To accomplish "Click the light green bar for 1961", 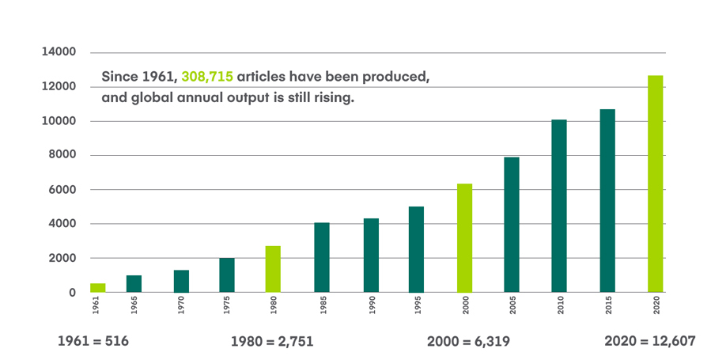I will [x=97, y=287].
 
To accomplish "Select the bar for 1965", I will [x=134, y=283].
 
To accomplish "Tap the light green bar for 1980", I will [x=273, y=269].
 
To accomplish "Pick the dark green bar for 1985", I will [x=321, y=257].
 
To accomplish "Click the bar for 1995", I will [x=416, y=249].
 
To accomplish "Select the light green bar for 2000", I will [x=464, y=238].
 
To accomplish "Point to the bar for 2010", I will [x=559, y=206].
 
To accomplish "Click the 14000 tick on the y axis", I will [x=59, y=52].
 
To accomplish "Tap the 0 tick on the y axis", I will [x=72, y=293].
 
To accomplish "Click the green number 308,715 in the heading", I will [x=207, y=78].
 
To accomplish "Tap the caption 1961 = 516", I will [x=93, y=341].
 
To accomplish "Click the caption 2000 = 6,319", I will [x=467, y=341].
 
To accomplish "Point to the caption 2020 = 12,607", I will [x=649, y=341].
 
